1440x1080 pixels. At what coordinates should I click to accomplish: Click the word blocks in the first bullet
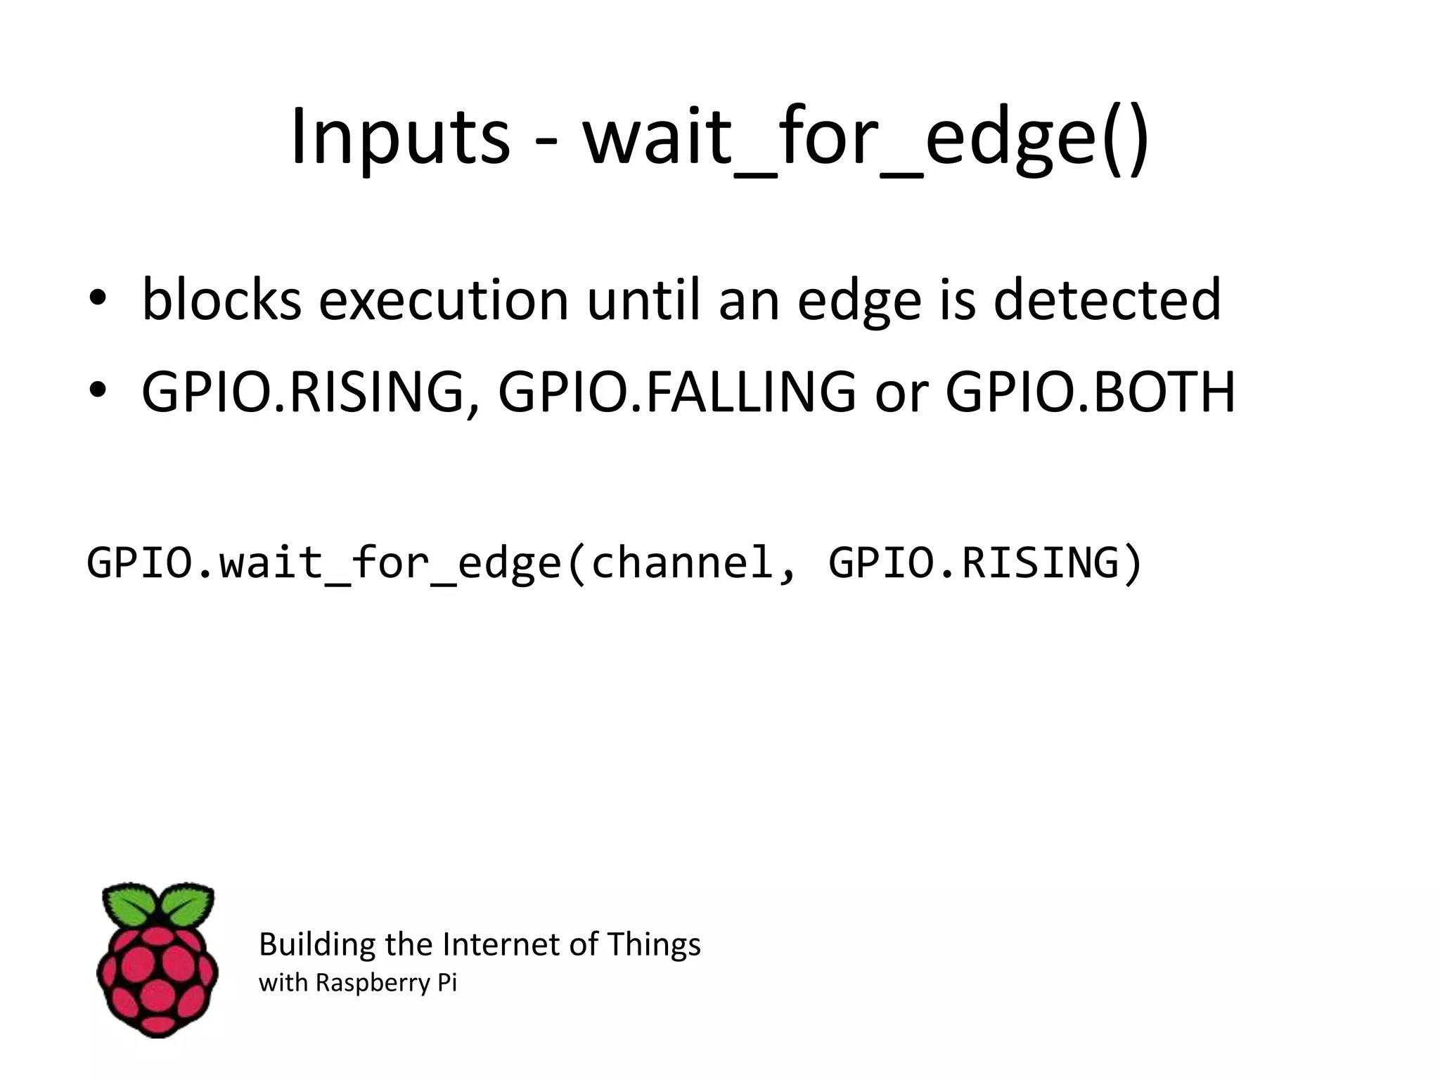click(221, 300)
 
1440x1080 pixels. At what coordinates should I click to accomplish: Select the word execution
click(443, 300)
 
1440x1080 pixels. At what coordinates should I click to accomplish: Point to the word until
click(645, 300)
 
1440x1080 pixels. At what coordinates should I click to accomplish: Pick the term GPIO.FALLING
click(677, 392)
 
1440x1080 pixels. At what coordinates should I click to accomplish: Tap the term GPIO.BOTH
click(1090, 392)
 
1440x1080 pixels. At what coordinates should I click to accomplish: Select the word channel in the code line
click(682, 562)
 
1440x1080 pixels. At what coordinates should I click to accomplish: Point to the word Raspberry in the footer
click(372, 983)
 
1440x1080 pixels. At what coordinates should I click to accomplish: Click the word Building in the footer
click(317, 944)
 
